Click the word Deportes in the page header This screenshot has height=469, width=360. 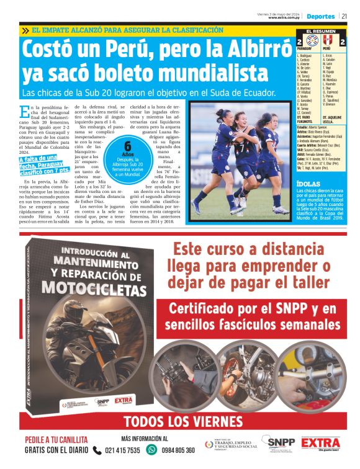pyautogui.click(x=320, y=16)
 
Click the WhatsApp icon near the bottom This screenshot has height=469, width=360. pyautogui.click(x=151, y=450)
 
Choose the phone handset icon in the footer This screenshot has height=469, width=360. pyautogui.click(x=94, y=450)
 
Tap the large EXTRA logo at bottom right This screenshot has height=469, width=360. pyautogui.click(x=321, y=444)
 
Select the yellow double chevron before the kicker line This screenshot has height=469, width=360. pyautogui.click(x=24, y=30)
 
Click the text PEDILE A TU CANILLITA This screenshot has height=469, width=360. pyautogui.click(x=56, y=440)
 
